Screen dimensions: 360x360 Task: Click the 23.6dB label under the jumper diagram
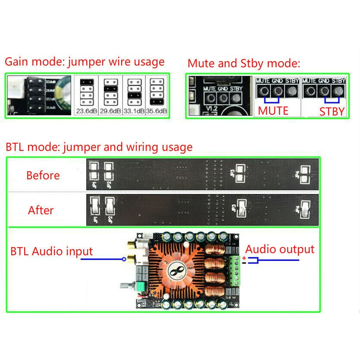point(86,111)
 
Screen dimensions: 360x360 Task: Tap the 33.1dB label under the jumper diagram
point(135,111)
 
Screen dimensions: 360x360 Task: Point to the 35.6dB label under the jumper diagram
point(157,111)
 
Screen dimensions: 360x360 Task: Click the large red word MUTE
point(273,111)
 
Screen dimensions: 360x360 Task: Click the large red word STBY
point(332,112)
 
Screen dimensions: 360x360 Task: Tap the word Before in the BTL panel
point(43,175)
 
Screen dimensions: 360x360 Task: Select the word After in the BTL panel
point(41,210)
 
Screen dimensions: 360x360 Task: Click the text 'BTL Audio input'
point(52,251)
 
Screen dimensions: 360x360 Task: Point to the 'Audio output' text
point(280,249)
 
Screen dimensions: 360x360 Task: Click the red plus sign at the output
point(244,258)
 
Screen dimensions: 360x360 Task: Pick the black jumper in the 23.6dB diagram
point(86,81)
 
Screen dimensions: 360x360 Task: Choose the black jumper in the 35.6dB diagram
point(157,102)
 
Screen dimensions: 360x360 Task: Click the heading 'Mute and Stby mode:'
point(244,64)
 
